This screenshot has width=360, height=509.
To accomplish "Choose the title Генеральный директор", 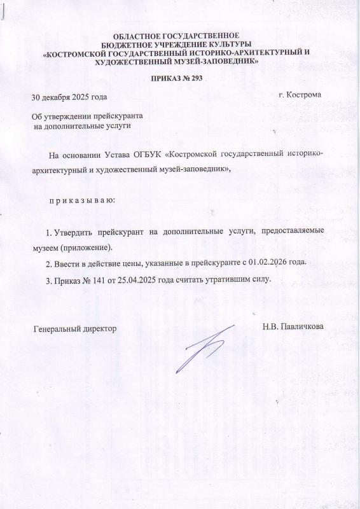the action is [x=75, y=329].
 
